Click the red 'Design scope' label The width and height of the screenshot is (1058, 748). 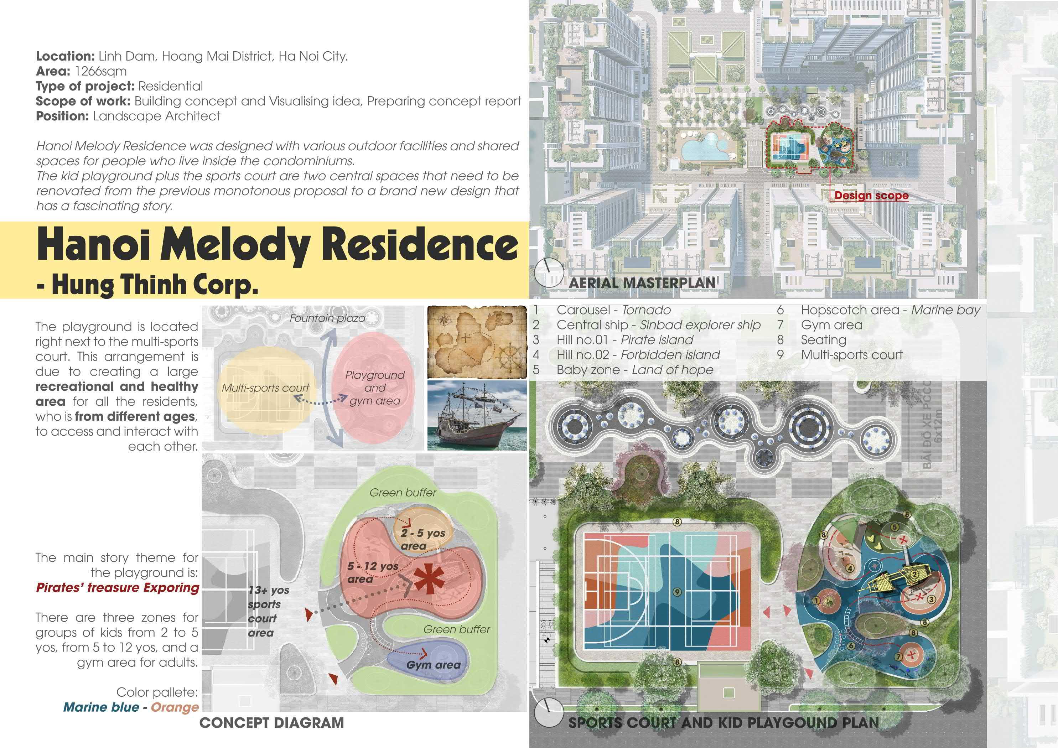[871, 196]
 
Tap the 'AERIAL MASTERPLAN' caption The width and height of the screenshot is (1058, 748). [642, 282]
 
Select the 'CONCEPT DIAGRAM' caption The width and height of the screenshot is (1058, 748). [271, 722]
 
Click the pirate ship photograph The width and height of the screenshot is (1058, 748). [477, 415]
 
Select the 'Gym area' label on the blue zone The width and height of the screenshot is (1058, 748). [433, 665]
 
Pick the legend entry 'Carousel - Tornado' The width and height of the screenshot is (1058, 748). [613, 310]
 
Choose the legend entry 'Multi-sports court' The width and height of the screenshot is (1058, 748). [851, 355]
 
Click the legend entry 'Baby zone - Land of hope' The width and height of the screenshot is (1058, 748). [634, 370]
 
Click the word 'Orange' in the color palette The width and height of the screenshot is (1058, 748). [175, 707]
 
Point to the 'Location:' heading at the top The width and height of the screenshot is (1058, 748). [65, 57]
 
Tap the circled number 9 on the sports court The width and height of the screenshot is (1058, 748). [677, 592]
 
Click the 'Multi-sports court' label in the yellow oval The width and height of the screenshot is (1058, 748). [265, 388]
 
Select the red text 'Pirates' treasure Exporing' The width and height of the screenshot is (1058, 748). [118, 588]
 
